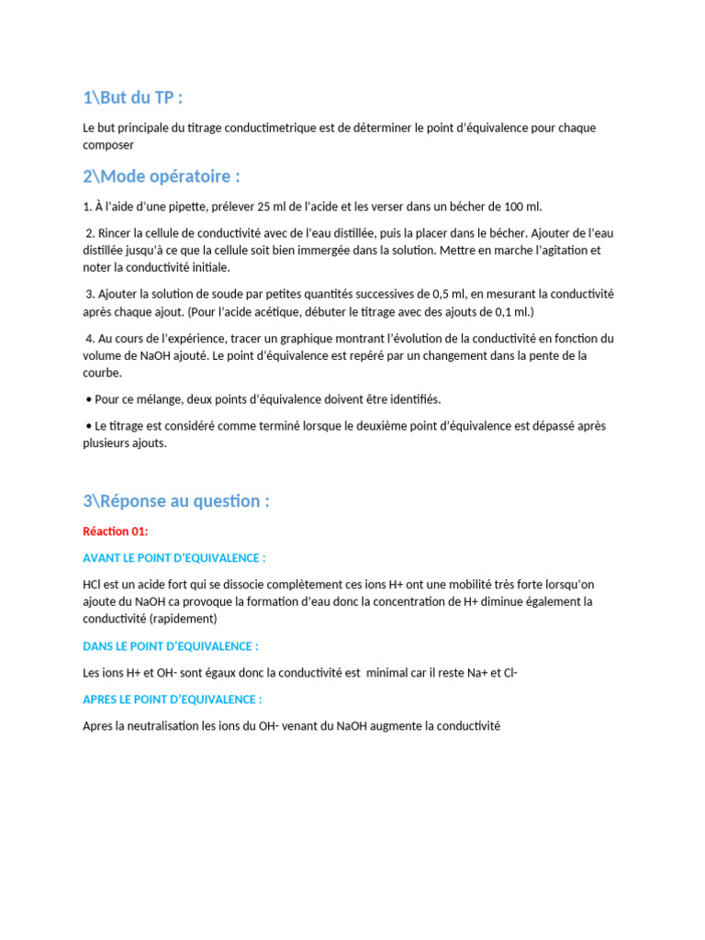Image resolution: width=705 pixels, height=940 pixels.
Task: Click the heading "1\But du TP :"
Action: point(139,98)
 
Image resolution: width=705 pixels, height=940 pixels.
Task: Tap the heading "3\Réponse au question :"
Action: point(176,501)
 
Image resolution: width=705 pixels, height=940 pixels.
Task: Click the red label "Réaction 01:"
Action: point(115,532)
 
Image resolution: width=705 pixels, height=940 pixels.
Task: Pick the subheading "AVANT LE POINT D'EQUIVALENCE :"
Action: point(174,558)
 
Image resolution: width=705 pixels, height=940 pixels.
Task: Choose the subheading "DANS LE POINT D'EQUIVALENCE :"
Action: point(171,646)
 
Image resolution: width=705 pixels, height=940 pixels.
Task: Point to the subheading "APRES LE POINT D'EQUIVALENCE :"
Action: point(173,699)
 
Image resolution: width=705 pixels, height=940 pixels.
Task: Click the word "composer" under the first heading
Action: point(108,145)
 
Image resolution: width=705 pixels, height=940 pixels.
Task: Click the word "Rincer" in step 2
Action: point(116,233)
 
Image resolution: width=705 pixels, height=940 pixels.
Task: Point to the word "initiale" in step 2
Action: point(207,268)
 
